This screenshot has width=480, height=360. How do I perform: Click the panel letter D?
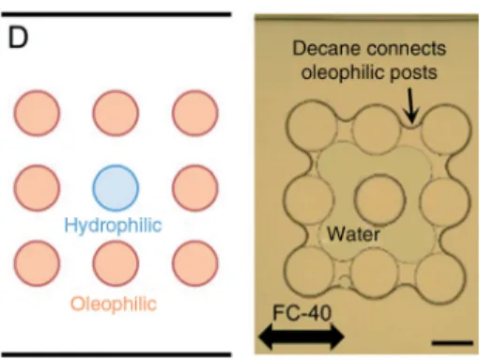tap(18, 38)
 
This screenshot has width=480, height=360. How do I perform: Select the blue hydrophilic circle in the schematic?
tap(116, 188)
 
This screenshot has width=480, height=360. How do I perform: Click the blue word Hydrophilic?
tap(113, 226)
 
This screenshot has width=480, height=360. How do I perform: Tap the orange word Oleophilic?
tap(114, 304)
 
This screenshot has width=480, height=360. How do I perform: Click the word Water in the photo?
tap(353, 234)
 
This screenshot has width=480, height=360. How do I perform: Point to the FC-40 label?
tap(302, 313)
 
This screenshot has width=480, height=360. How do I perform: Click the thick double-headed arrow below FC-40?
tap(302, 337)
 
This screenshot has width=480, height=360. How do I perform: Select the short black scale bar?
tap(453, 343)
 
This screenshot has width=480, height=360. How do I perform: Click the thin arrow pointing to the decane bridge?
tap(411, 105)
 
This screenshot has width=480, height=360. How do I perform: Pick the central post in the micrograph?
tap(379, 199)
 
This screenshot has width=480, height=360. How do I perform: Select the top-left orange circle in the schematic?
tap(37, 113)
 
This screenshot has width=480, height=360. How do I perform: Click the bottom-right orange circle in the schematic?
tap(195, 263)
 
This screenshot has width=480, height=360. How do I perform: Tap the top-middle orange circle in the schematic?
tap(116, 113)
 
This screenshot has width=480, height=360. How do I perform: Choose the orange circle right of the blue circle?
tap(195, 188)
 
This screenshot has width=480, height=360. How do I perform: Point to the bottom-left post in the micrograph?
tap(309, 275)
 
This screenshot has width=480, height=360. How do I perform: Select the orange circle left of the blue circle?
tap(37, 188)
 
